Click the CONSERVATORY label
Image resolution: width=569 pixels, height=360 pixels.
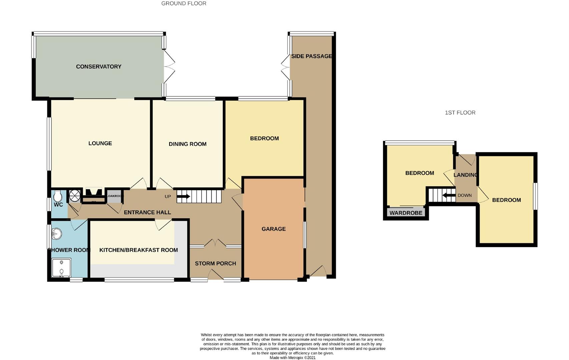tap(98, 67)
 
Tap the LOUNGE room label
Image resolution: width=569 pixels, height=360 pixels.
tap(100, 143)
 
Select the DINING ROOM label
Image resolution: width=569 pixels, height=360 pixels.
tap(187, 144)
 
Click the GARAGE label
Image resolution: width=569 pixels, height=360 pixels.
tap(273, 229)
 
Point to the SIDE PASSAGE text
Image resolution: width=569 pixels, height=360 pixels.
tap(312, 56)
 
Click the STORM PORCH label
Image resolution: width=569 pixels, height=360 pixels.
tap(215, 263)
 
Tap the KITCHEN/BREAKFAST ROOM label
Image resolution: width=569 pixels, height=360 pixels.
tap(138, 250)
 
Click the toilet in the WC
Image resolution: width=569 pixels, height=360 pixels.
tap(57, 196)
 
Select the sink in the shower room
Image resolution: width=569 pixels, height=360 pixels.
tap(57, 234)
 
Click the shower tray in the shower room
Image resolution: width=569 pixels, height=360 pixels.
tap(61, 267)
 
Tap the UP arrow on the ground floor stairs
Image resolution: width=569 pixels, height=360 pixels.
tap(183, 197)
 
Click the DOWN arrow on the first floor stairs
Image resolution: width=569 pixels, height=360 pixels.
tap(449, 195)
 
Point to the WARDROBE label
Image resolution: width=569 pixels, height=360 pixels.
tap(406, 213)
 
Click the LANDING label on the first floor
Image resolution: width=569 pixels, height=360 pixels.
tap(466, 175)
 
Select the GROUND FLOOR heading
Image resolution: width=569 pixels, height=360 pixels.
tap(184, 4)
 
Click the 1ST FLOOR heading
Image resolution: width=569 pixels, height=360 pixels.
tap(460, 113)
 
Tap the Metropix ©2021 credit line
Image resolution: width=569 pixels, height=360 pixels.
tap(293, 358)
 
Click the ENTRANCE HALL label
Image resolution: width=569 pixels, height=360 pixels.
tap(147, 212)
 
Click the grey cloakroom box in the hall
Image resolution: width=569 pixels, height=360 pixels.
tap(114, 196)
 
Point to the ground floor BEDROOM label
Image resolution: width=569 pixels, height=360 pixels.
tap(264, 138)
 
